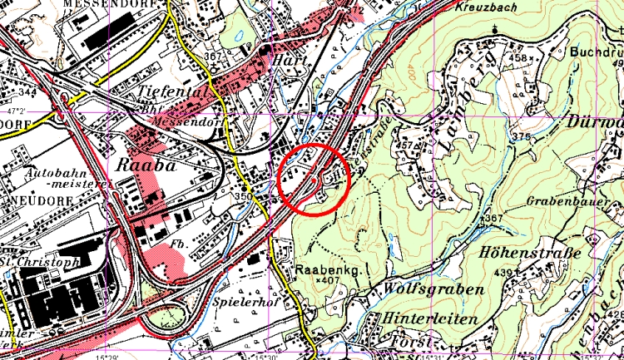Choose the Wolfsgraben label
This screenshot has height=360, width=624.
[x=433, y=289]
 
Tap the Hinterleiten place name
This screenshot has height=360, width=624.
[x=430, y=319]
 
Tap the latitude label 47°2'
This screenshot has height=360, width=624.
[x=16, y=110]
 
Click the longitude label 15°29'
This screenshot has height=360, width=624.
[x=106, y=356]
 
